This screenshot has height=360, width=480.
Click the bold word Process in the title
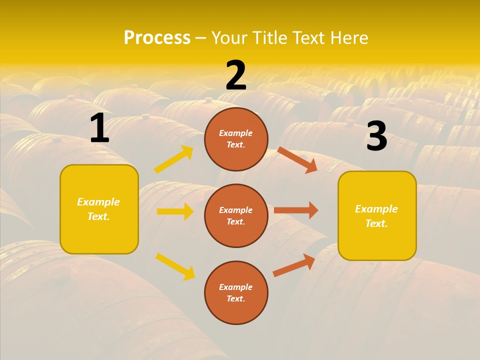(x=157, y=38)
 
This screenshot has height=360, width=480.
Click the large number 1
(x=99, y=128)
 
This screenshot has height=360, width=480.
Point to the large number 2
(x=236, y=75)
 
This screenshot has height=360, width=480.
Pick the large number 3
(x=376, y=136)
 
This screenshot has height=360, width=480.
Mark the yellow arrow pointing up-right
(x=174, y=159)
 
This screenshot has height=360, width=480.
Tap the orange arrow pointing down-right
(x=297, y=160)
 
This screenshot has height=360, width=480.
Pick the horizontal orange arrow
(x=296, y=210)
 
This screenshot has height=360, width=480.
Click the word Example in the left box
(x=98, y=202)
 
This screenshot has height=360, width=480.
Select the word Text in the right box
(x=375, y=223)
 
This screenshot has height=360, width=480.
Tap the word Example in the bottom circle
(x=236, y=287)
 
